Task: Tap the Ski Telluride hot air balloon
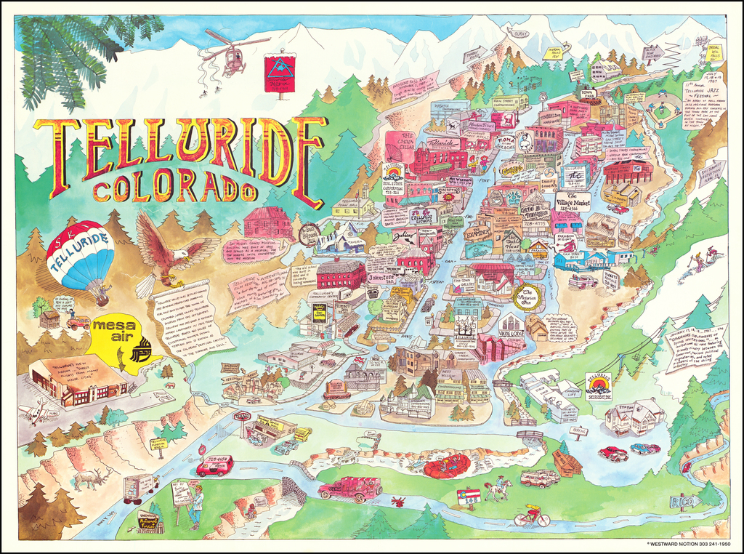click(x=81, y=255)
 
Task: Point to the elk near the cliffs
click(x=94, y=478)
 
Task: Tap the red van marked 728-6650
click(x=214, y=466)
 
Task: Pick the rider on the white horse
click(x=499, y=488)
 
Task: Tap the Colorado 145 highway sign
click(x=469, y=497)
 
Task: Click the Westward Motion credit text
click(x=688, y=543)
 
